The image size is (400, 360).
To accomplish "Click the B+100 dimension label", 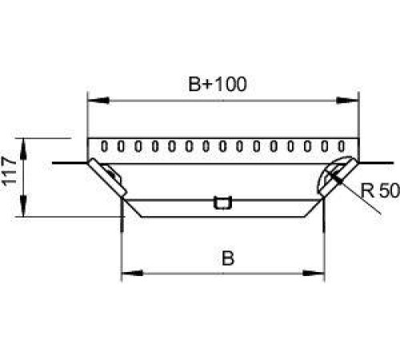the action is pyautogui.click(x=218, y=84).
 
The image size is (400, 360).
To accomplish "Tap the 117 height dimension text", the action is pyautogui.click(x=10, y=170).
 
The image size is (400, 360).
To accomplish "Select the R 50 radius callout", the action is pyautogui.click(x=380, y=190).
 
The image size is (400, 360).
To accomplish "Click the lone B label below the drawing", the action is pyautogui.click(x=228, y=258).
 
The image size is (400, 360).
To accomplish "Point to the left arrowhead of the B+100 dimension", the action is pyautogui.click(x=98, y=101).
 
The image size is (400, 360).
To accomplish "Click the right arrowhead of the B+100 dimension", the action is pyautogui.click(x=346, y=101).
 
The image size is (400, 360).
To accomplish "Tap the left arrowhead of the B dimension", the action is pyautogui.click(x=132, y=273).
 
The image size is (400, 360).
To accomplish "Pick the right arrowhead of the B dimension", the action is pyautogui.click(x=314, y=273).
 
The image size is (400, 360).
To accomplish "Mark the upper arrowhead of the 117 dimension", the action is pyautogui.click(x=24, y=149).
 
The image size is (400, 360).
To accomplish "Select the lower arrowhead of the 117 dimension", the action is pyautogui.click(x=24, y=206).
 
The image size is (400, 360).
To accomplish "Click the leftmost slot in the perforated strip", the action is pyautogui.click(x=104, y=146).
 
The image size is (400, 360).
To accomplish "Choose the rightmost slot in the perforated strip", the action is pyautogui.click(x=342, y=146).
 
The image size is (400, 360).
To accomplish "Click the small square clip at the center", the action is pyautogui.click(x=222, y=203).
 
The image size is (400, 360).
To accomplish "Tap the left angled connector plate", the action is pyautogui.click(x=108, y=177).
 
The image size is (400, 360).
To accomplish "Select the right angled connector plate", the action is pyautogui.click(x=338, y=177).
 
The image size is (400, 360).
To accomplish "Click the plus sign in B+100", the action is pyautogui.click(x=210, y=85).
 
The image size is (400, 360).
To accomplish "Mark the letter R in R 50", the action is pyautogui.click(x=367, y=190).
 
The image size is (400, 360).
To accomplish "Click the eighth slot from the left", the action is pyautogui.click(x=222, y=146).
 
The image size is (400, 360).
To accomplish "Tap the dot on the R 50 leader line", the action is pyautogui.click(x=339, y=181).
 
